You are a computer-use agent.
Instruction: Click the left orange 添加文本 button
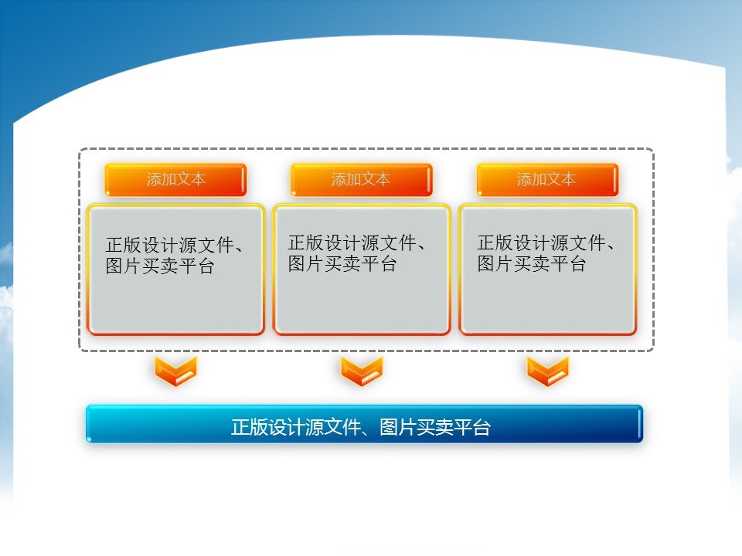tap(175, 180)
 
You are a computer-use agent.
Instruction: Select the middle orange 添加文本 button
tap(362, 180)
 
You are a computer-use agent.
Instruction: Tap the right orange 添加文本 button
tap(547, 180)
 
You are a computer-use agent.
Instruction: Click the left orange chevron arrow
tap(175, 371)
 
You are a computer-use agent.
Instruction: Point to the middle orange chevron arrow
tap(362, 371)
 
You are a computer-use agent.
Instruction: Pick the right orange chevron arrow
tap(547, 371)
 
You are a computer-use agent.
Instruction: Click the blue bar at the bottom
tap(364, 424)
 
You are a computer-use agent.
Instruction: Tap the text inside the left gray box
tap(174, 256)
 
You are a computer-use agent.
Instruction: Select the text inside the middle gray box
tap(356, 253)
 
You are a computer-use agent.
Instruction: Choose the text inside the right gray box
tap(546, 253)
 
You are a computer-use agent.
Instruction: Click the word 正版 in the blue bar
tap(250, 427)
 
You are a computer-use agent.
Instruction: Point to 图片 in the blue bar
tap(397, 427)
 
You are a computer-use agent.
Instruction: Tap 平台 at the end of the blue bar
tap(471, 427)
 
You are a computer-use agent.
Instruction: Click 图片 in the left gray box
tap(124, 266)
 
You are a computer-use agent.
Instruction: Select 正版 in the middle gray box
tap(306, 243)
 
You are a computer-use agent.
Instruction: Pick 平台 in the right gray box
tap(568, 264)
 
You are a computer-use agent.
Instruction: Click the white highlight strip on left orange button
tap(243, 180)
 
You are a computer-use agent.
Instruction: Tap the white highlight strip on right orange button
tap(614, 180)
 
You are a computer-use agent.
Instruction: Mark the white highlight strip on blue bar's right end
tap(639, 424)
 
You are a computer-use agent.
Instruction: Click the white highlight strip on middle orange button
tap(429, 180)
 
